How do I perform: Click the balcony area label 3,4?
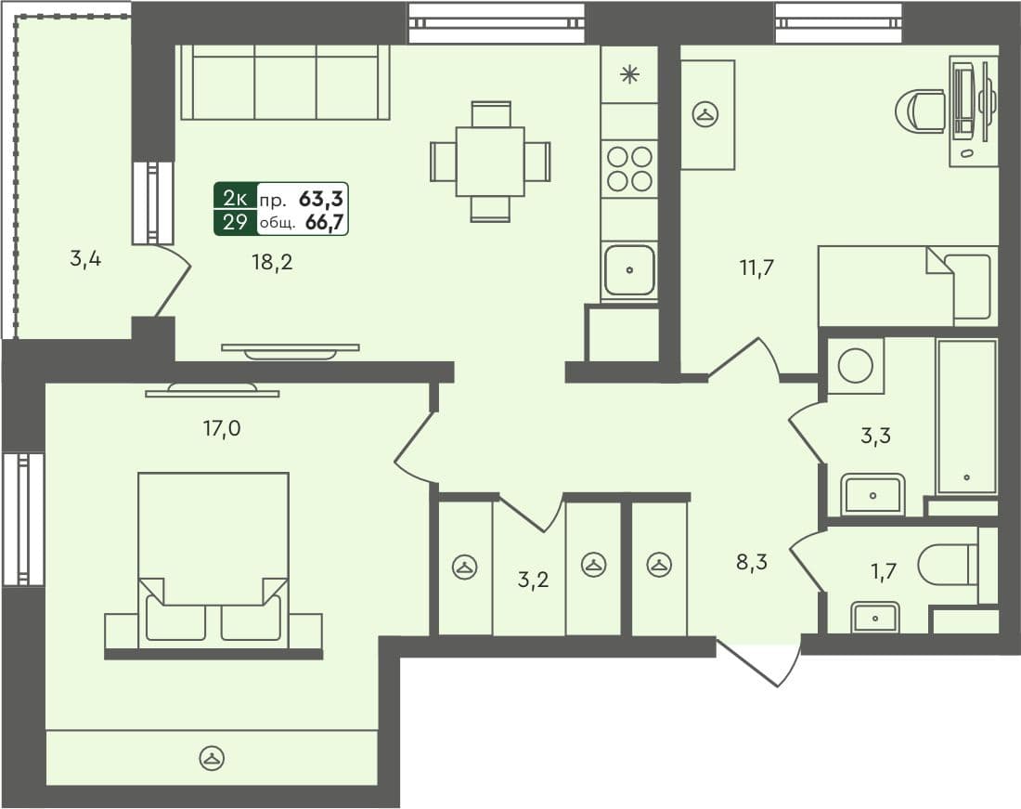(x=85, y=259)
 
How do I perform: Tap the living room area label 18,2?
(x=271, y=262)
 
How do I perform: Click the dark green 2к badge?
(x=235, y=197)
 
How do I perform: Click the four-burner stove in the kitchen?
(x=629, y=168)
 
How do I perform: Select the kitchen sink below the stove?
(x=629, y=270)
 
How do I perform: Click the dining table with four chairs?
(x=490, y=162)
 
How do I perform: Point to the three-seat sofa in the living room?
(x=285, y=84)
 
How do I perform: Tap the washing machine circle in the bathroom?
(x=855, y=365)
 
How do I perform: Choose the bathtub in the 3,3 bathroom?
(x=966, y=417)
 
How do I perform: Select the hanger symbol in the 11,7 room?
(x=707, y=115)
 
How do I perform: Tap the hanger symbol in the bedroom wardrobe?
(x=213, y=758)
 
